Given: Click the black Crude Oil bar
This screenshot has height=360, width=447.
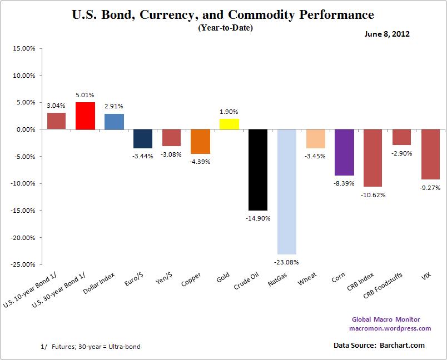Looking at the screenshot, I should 258,169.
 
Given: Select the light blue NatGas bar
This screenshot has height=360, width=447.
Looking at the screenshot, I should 287,192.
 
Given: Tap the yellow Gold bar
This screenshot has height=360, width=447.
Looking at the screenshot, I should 229,124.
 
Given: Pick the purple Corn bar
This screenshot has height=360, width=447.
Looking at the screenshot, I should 344,152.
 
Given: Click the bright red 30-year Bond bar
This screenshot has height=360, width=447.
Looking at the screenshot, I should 86,116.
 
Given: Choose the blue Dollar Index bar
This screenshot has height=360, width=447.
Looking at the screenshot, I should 114,121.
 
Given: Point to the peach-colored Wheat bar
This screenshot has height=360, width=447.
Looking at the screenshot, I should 315,139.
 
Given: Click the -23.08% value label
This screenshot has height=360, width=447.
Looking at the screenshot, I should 287,262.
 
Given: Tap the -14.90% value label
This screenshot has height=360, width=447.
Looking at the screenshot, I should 258,218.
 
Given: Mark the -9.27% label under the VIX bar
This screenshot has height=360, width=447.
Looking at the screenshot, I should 430,187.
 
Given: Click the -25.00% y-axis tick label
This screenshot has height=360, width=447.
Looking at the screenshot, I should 23,264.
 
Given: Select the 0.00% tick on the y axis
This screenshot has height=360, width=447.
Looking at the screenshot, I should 25,129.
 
